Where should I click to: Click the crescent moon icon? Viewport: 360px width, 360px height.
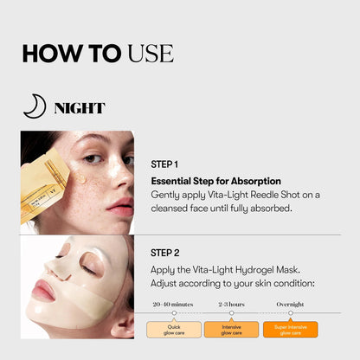[x=34, y=106]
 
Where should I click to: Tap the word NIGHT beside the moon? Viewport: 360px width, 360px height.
[x=79, y=108]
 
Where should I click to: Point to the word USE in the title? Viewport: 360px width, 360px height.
[x=151, y=53]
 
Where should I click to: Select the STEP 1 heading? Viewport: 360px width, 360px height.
[x=164, y=164]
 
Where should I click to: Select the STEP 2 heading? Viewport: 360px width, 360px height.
[x=164, y=253]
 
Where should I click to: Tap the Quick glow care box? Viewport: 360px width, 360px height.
[x=173, y=329]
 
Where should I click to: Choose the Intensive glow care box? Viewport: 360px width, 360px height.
[x=232, y=329]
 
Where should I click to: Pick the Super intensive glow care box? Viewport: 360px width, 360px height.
[x=290, y=329]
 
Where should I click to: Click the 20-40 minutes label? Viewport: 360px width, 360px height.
[x=173, y=304]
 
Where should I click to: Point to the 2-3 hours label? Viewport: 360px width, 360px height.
[x=232, y=304]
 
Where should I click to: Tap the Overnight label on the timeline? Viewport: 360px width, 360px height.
[x=290, y=304]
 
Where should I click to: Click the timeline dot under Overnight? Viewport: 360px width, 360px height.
[x=290, y=313]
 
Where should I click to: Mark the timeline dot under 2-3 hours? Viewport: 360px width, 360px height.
[x=232, y=313]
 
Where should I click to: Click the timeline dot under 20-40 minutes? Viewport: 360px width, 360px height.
[x=174, y=313]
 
